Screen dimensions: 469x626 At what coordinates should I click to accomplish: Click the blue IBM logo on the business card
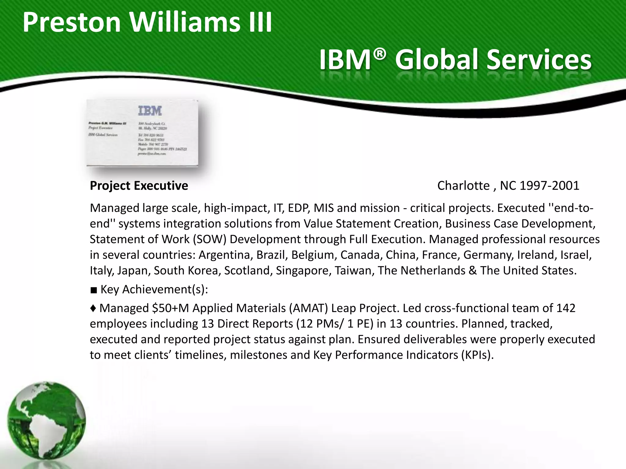tap(150, 111)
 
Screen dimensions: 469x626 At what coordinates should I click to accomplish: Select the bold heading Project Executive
tap(139, 186)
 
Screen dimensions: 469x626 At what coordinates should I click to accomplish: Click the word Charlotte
tap(463, 186)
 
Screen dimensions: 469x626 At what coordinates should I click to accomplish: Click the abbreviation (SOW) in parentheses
tap(209, 239)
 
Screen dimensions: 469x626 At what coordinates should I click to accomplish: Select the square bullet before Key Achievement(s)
tap(94, 290)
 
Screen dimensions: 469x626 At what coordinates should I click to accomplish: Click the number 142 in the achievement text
tap(566, 308)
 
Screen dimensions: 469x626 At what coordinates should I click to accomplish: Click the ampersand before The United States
tap(472, 271)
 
